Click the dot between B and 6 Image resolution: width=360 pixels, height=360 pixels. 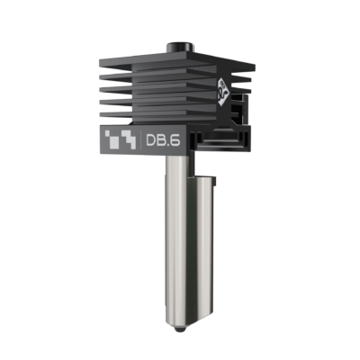pos(168,148)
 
